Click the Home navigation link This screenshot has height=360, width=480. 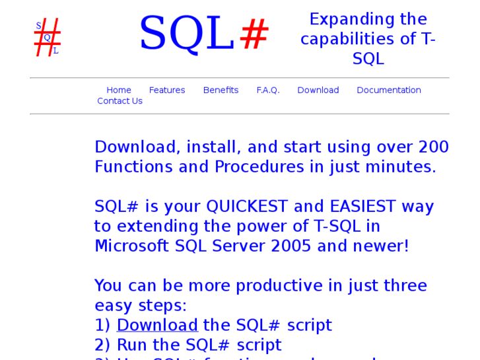coord(119,90)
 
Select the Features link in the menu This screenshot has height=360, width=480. coord(167,90)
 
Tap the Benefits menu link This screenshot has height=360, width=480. coord(221,90)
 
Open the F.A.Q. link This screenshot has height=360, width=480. coord(268,90)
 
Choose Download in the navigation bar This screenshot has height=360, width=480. coord(318,90)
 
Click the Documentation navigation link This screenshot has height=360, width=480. coord(388,90)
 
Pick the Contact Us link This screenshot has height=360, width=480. coord(120,101)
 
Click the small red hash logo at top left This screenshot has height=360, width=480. coord(48,37)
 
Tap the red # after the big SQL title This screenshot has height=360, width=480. coord(254,34)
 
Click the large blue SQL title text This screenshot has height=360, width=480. coord(187,34)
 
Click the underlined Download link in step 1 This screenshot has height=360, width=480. coord(157,326)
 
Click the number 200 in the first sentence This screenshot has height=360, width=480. coord(432,147)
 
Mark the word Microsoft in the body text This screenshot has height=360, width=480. coord(132,246)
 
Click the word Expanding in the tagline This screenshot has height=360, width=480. coord(341,19)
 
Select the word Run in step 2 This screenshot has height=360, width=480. coord(131,345)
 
